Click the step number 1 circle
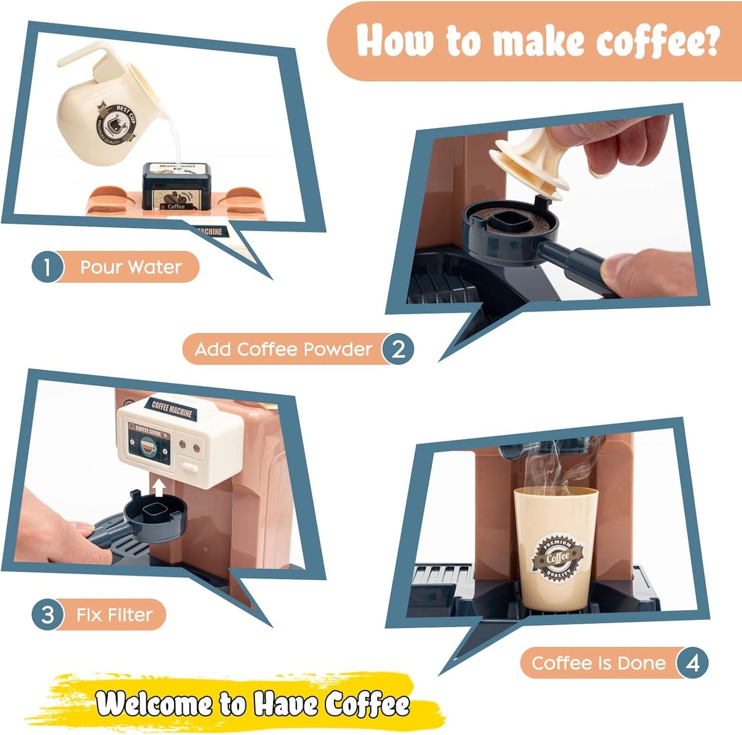47,267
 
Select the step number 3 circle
47,614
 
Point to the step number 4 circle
692,663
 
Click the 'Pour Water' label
130,267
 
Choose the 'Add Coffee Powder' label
283,349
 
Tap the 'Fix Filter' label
115,614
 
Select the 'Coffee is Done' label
598,663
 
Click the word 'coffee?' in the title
657,41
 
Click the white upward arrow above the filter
159,487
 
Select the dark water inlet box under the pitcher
176,187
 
